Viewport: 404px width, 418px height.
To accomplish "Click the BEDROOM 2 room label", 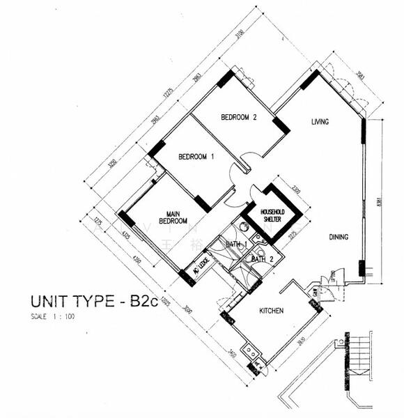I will pyautogui.click(x=239, y=117).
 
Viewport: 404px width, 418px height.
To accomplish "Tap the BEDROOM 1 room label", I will pyautogui.click(x=196, y=157).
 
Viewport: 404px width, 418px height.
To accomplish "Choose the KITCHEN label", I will pyautogui.click(x=271, y=311).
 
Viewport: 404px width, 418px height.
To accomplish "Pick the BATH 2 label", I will pyautogui.click(x=261, y=259).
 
